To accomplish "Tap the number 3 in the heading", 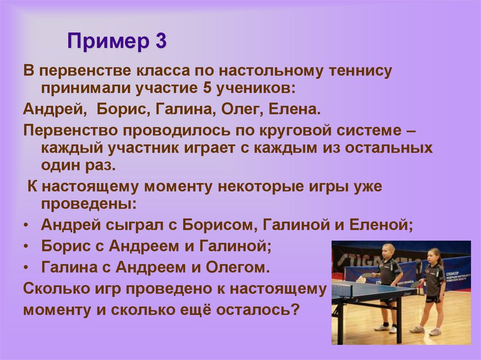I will [x=159, y=41].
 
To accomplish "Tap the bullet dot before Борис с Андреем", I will [x=26, y=246].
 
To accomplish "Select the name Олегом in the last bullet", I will [x=238, y=268].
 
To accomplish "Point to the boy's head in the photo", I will [x=388, y=250].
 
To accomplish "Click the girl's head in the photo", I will [x=434, y=257].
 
